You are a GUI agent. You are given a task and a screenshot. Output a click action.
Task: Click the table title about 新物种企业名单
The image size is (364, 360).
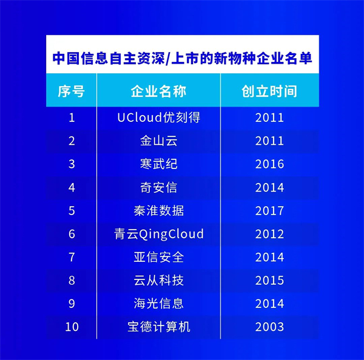182,58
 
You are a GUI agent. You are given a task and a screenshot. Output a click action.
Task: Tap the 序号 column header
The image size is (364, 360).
71,91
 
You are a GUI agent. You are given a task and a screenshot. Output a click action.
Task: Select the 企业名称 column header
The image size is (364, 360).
158,91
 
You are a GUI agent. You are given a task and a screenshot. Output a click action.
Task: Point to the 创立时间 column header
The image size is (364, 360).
269,91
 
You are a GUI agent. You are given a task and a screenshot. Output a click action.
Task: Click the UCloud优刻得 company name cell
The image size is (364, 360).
159,118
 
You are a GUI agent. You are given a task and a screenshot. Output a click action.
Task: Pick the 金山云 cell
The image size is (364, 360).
159,141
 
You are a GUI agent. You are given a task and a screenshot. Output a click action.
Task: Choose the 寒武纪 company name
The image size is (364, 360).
159,164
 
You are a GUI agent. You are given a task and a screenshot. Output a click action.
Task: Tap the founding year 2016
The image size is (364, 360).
269,164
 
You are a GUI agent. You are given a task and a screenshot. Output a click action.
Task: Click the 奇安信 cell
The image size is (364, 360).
159,187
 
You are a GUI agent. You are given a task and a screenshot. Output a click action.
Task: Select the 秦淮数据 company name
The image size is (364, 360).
159,211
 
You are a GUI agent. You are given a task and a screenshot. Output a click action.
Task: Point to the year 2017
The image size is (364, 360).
269,211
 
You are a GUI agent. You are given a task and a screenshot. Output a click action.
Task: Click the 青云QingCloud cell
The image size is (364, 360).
159,234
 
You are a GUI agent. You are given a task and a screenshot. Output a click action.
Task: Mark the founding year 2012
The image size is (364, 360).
269,234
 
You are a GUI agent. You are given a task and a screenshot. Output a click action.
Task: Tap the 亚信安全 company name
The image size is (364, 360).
159,257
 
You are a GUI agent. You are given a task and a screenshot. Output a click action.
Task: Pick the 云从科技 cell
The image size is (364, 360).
159,280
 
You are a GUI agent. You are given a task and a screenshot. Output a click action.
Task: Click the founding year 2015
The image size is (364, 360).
269,280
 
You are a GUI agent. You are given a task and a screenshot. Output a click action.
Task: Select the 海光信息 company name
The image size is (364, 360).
159,304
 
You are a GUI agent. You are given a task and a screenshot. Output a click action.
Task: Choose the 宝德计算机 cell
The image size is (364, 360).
159,327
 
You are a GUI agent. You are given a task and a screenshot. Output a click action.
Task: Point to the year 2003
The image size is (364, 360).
269,327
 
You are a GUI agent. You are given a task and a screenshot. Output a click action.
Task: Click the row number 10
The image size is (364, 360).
72,327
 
